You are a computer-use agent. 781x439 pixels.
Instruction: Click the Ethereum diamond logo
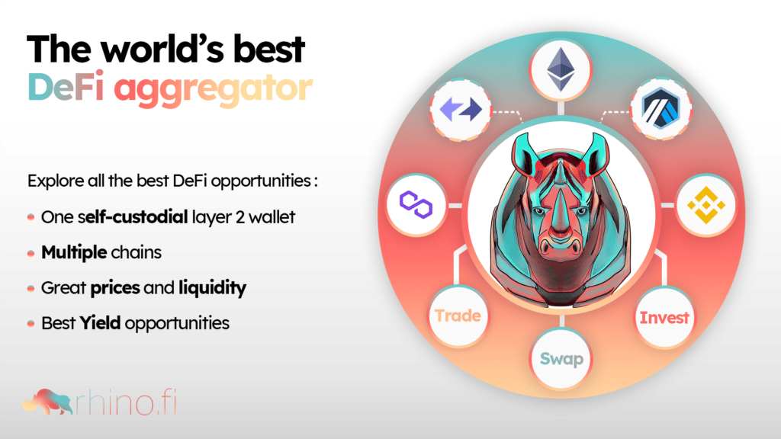(x=561, y=69)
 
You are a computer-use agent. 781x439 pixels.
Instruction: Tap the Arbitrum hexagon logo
(x=661, y=108)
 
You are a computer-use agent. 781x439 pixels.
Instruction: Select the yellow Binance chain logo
(x=706, y=204)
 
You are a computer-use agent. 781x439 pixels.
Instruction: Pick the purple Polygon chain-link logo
(x=416, y=204)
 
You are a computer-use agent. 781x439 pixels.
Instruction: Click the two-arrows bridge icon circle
(x=461, y=110)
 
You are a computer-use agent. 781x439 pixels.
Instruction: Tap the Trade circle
(x=458, y=316)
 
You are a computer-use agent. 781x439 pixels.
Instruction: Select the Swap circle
(x=561, y=358)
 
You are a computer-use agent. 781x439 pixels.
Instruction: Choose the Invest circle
(x=664, y=317)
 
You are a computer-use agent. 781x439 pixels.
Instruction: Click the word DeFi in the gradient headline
(x=66, y=86)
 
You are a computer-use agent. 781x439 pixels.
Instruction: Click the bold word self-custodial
(x=133, y=216)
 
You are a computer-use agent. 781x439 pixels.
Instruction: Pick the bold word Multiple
(x=74, y=252)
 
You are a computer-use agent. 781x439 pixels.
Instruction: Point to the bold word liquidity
(x=213, y=287)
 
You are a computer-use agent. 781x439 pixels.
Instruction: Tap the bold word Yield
(x=100, y=322)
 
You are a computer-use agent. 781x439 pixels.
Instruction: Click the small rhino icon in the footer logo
(x=48, y=401)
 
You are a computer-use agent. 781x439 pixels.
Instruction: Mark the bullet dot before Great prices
(x=31, y=288)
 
